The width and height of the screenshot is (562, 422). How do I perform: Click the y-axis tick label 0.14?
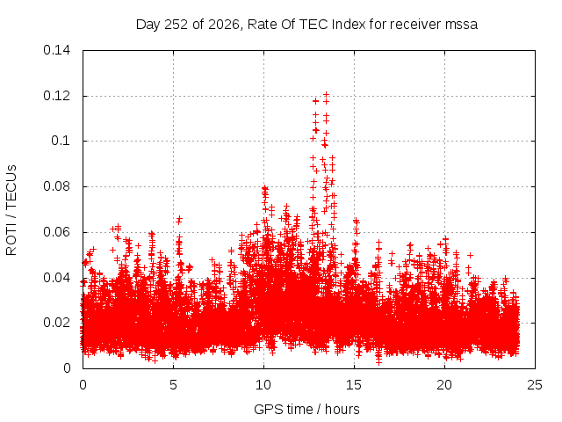(x=56, y=50)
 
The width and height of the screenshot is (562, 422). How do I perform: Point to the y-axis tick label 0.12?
(x=56, y=96)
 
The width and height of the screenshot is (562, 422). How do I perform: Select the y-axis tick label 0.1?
(x=61, y=141)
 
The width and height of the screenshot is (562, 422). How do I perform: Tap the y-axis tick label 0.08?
(x=56, y=186)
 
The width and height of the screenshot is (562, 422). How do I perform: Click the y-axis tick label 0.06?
(x=56, y=232)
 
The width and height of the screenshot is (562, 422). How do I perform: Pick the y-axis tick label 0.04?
(x=56, y=278)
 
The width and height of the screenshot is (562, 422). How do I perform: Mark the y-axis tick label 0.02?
(x=56, y=323)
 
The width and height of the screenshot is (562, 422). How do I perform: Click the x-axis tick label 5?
(x=174, y=385)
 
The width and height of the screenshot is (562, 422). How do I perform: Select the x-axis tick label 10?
(x=263, y=385)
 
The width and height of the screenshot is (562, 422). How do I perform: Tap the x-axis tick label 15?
(x=354, y=385)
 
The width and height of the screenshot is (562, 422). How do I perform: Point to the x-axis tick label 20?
(x=444, y=385)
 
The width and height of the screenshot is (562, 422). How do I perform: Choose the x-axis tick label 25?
(x=535, y=385)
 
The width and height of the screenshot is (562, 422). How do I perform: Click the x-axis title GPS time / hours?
(x=306, y=410)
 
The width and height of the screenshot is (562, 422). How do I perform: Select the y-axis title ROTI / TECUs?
(x=11, y=210)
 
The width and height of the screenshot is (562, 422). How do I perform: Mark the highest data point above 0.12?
(x=326, y=95)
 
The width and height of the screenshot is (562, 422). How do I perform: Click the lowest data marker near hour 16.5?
(x=378, y=362)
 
